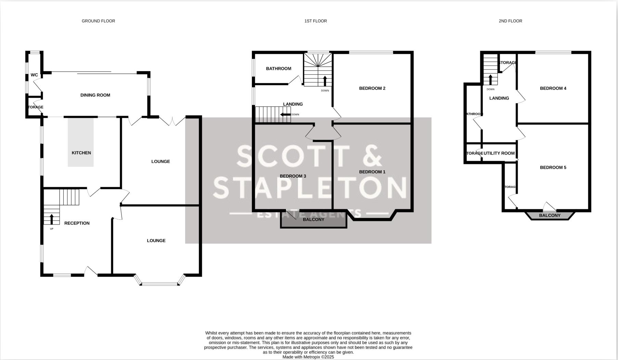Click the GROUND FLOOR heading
pyautogui.click(x=98, y=21)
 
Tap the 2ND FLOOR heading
pyautogui.click(x=510, y=21)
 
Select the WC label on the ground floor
pyautogui.click(x=34, y=75)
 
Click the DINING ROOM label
pyautogui.click(x=95, y=95)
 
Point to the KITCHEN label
pyautogui.click(x=81, y=153)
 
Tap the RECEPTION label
pyautogui.click(x=77, y=223)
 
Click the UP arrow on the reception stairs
pyautogui.click(x=52, y=219)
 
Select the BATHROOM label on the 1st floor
pyautogui.click(x=279, y=68)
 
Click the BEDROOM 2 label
pyautogui.click(x=372, y=88)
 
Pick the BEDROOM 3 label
pyautogui.click(x=293, y=176)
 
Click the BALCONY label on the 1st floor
pyautogui.click(x=313, y=220)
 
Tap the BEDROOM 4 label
pyautogui.click(x=553, y=88)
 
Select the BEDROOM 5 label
pyautogui.click(x=553, y=167)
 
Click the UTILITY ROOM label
pyautogui.click(x=499, y=153)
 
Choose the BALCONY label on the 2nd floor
pyautogui.click(x=550, y=216)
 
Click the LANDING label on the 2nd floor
pyautogui.click(x=499, y=98)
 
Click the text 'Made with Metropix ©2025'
pyautogui.click(x=308, y=357)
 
